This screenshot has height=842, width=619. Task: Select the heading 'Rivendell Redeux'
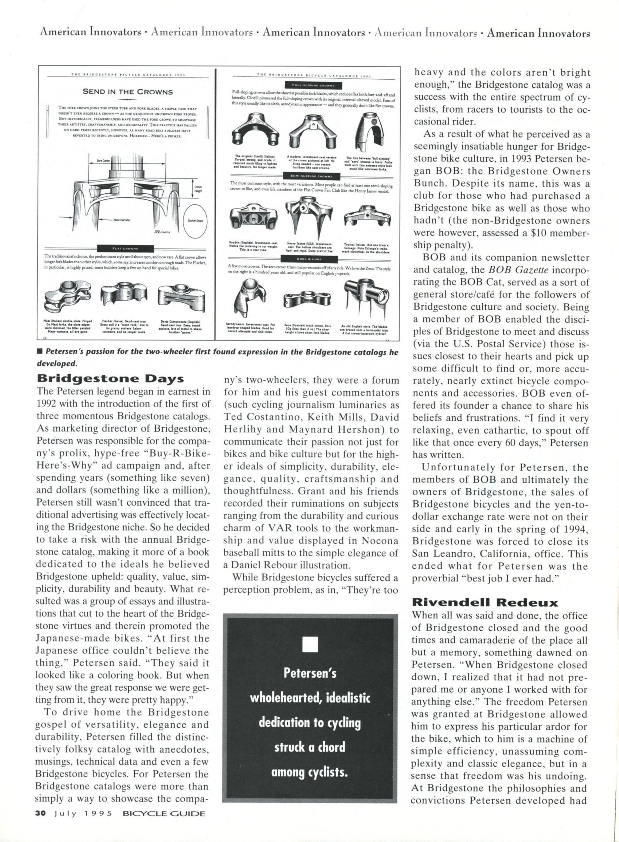pos(485,603)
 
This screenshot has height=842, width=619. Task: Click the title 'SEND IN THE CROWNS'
pos(128,92)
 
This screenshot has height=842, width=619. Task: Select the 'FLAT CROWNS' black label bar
pos(126,248)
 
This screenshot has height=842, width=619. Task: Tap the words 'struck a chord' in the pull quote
pos(309,747)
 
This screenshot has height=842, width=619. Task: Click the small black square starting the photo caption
pos(39,352)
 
